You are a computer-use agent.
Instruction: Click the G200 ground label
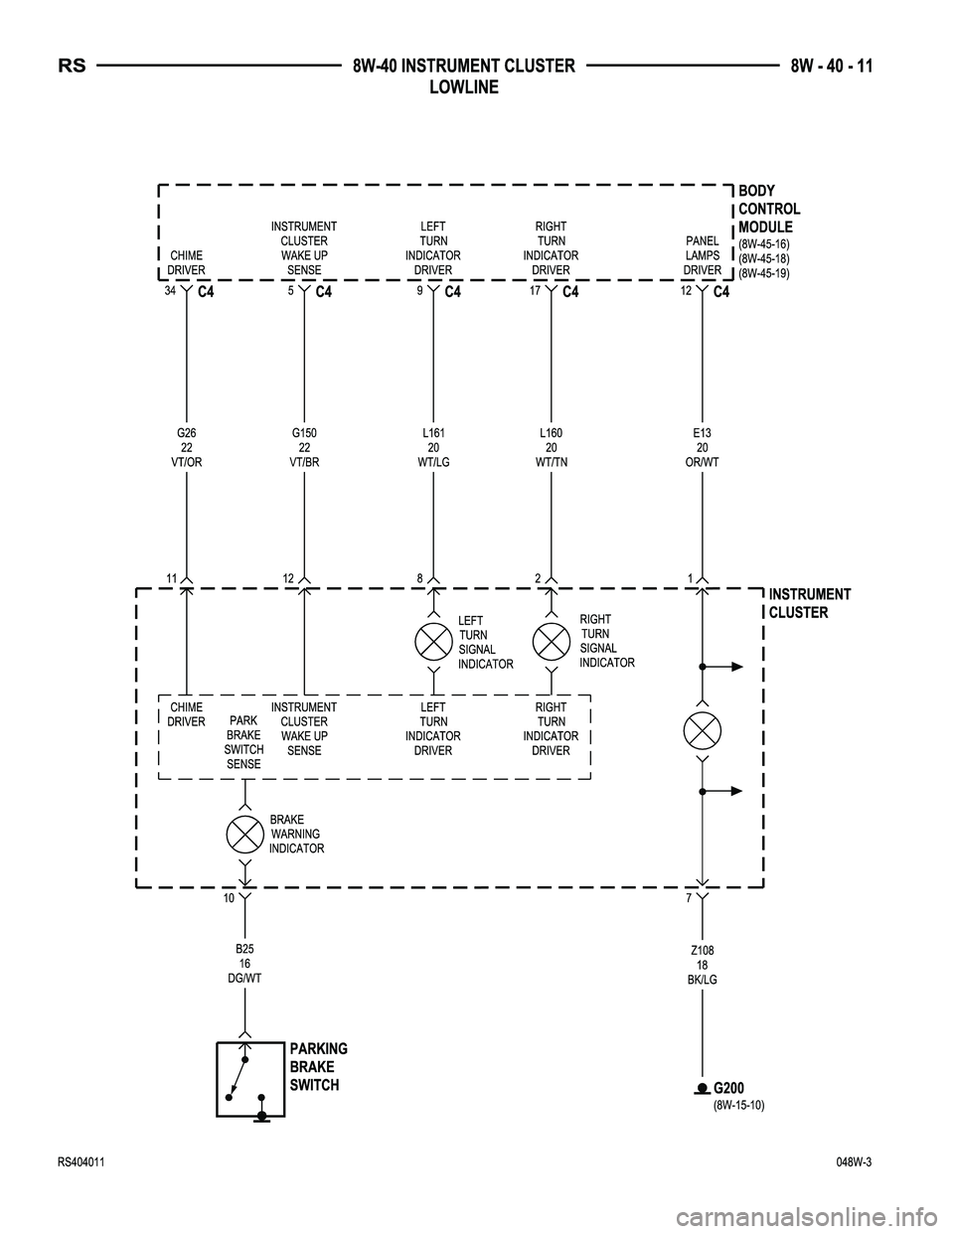coord(728,1088)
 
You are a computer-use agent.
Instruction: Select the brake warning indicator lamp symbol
coord(244,834)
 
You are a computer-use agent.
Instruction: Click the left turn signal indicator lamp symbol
coord(433,641)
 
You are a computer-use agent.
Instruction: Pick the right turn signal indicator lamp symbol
coord(551,641)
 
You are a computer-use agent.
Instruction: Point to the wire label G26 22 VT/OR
coord(187,447)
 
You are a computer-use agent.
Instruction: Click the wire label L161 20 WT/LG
coord(433,447)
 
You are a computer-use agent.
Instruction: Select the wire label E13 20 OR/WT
coord(703,447)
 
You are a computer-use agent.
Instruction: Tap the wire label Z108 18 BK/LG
coord(703,965)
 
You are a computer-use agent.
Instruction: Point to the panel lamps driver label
coord(703,255)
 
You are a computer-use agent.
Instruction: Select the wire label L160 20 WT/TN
coord(551,447)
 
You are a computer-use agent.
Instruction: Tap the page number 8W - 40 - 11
coord(832,67)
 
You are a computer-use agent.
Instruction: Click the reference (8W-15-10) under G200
coord(739,1104)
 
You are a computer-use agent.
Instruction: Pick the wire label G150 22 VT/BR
coord(304,447)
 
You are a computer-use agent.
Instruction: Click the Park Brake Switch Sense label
coord(244,742)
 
